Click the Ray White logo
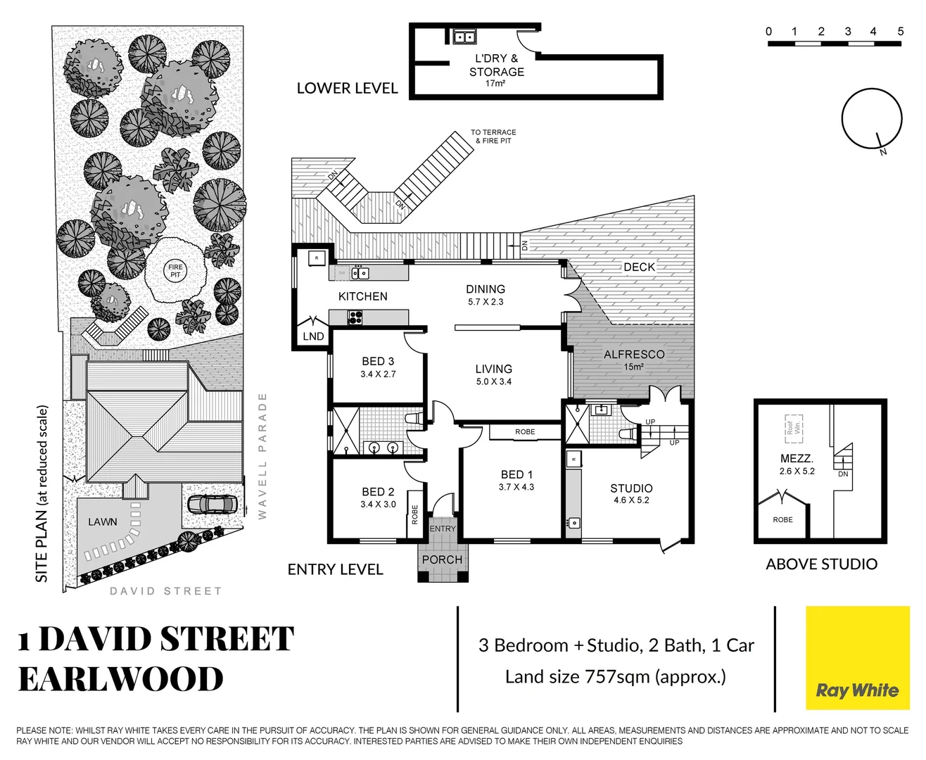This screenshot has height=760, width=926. [857, 658]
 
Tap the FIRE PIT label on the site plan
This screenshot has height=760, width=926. [175, 271]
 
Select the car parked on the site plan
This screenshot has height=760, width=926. [212, 504]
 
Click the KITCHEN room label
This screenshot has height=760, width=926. [362, 296]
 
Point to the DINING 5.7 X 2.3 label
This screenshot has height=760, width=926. [486, 295]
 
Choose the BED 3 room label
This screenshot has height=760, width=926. [378, 367]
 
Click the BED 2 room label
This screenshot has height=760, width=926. [378, 498]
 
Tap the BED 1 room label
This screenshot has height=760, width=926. [516, 480]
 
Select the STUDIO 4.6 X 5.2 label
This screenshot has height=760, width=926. [631, 493]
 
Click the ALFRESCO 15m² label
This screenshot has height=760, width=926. [633, 360]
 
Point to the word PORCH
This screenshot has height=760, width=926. [442, 559]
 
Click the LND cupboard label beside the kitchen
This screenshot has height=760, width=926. [313, 336]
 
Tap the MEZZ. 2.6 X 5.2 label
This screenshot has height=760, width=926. [797, 464]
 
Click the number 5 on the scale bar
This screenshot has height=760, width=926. [900, 31]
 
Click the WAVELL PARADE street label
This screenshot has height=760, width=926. [262, 456]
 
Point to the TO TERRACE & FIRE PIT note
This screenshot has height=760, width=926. [493, 137]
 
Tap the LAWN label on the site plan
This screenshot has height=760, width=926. [103, 521]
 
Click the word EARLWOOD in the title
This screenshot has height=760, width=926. [120, 679]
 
